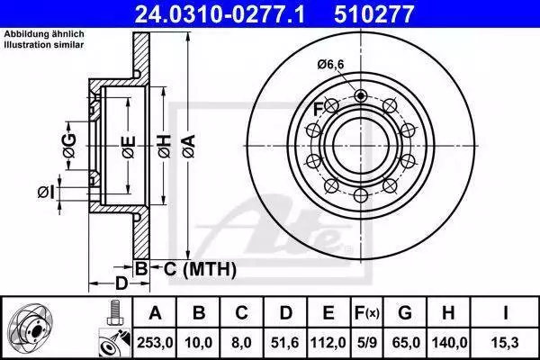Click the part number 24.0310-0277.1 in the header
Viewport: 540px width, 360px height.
[x=220, y=14]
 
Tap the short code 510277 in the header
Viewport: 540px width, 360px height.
[x=373, y=14]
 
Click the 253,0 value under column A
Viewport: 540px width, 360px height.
[x=155, y=343]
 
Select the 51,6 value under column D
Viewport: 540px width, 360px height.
[x=285, y=343]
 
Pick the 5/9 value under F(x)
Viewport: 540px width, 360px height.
[x=367, y=343]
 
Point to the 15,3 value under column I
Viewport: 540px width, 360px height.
[x=506, y=343]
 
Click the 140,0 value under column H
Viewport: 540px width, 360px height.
[x=449, y=343]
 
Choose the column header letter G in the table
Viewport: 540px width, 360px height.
[x=405, y=313]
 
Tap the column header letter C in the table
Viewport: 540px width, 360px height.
[x=241, y=313]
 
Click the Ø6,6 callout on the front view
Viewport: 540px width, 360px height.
[x=330, y=65]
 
